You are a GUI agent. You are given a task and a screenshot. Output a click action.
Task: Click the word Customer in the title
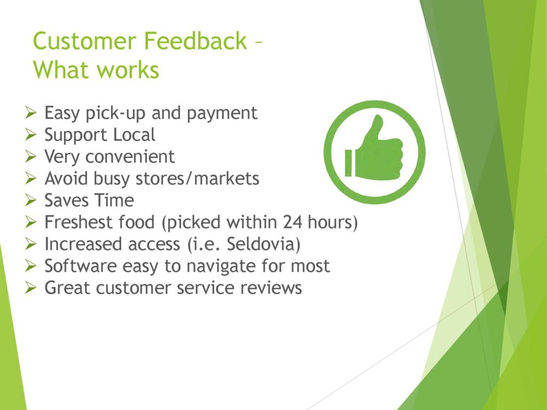84,41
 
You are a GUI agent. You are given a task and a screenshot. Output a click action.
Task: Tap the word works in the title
128,70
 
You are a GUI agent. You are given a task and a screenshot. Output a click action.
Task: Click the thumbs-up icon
374,152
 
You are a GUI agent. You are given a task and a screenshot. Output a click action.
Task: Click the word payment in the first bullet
222,113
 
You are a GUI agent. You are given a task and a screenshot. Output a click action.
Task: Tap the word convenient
130,156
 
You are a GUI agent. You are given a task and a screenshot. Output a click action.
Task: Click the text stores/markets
197,178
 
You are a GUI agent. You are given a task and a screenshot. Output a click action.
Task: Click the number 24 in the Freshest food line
292,222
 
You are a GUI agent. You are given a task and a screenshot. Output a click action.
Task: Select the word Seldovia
263,243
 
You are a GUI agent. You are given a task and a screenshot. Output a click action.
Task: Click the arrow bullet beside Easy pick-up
30,113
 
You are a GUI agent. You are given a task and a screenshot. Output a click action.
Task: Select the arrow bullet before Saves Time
30,201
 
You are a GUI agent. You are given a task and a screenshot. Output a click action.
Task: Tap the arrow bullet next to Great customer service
30,288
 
